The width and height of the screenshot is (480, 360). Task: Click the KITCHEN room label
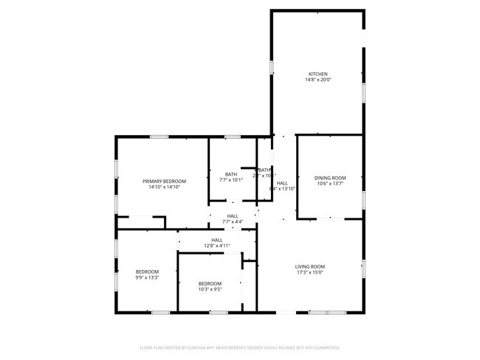[x=318, y=74]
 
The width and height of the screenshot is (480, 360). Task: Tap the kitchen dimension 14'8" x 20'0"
[x=318, y=80]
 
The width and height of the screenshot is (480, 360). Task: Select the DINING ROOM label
[x=329, y=178]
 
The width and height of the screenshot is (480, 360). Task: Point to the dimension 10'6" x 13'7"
[x=329, y=184]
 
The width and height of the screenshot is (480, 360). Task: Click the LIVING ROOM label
[x=310, y=266]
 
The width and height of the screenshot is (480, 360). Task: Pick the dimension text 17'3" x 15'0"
[x=310, y=272]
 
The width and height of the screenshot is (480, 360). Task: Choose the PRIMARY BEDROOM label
[x=164, y=181]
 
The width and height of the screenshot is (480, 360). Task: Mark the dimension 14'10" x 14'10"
[x=164, y=187]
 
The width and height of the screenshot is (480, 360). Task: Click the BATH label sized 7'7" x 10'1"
[x=231, y=174]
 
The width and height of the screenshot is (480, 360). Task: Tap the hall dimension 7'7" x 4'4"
[x=233, y=222]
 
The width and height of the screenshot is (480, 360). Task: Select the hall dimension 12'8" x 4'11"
[x=217, y=246]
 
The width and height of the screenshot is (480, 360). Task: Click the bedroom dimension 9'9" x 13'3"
[x=146, y=277]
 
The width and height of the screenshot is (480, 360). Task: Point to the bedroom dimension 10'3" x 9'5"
[x=210, y=289]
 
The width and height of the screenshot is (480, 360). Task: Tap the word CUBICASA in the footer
[x=196, y=347]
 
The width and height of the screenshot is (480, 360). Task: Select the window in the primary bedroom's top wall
[x=159, y=136]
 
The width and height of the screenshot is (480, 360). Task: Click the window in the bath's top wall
[x=232, y=136]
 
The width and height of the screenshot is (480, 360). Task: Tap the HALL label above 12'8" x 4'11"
[x=217, y=240]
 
